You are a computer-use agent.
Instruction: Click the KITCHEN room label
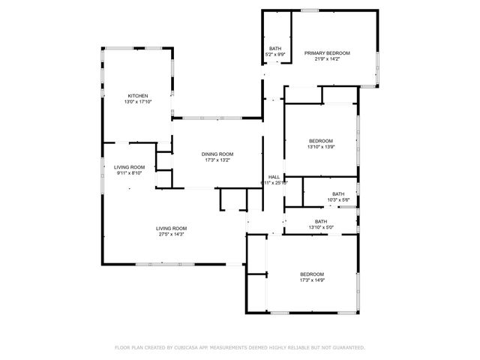pos(137,96)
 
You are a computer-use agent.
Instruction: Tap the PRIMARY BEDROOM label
pos(327,53)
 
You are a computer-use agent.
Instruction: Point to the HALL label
pos(274,176)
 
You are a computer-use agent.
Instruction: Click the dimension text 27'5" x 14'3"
pos(172,235)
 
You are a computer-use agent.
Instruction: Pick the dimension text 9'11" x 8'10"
pos(129,172)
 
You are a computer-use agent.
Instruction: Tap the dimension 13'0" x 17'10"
pos(137,102)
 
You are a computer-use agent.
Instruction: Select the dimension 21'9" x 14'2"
pos(327,59)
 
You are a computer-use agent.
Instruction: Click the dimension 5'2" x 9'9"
pos(275,55)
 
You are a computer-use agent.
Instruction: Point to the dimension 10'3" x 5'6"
pos(338,199)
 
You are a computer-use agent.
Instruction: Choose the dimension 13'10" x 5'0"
pos(321,227)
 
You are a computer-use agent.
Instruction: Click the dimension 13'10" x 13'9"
pos(321,147)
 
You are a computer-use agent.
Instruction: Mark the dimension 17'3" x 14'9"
pos(311,280)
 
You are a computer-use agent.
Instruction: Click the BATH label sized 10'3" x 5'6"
pos(338,193)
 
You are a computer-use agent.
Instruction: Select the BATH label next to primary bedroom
pos(275,49)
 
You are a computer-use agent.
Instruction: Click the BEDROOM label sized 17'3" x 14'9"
pos(311,274)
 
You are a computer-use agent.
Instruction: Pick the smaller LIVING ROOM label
pos(129,166)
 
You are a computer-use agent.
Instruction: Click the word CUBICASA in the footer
pos(190,348)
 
